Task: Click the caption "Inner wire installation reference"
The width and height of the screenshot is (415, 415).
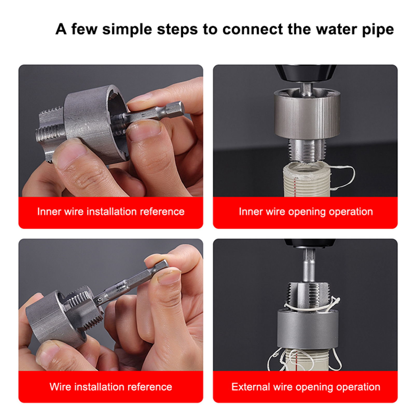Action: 111,212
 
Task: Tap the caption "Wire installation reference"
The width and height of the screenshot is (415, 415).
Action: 111,387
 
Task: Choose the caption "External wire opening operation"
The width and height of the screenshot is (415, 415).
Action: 306,387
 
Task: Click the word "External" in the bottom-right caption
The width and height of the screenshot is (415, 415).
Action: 251,387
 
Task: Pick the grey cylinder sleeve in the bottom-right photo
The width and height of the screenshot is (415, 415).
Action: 308,329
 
